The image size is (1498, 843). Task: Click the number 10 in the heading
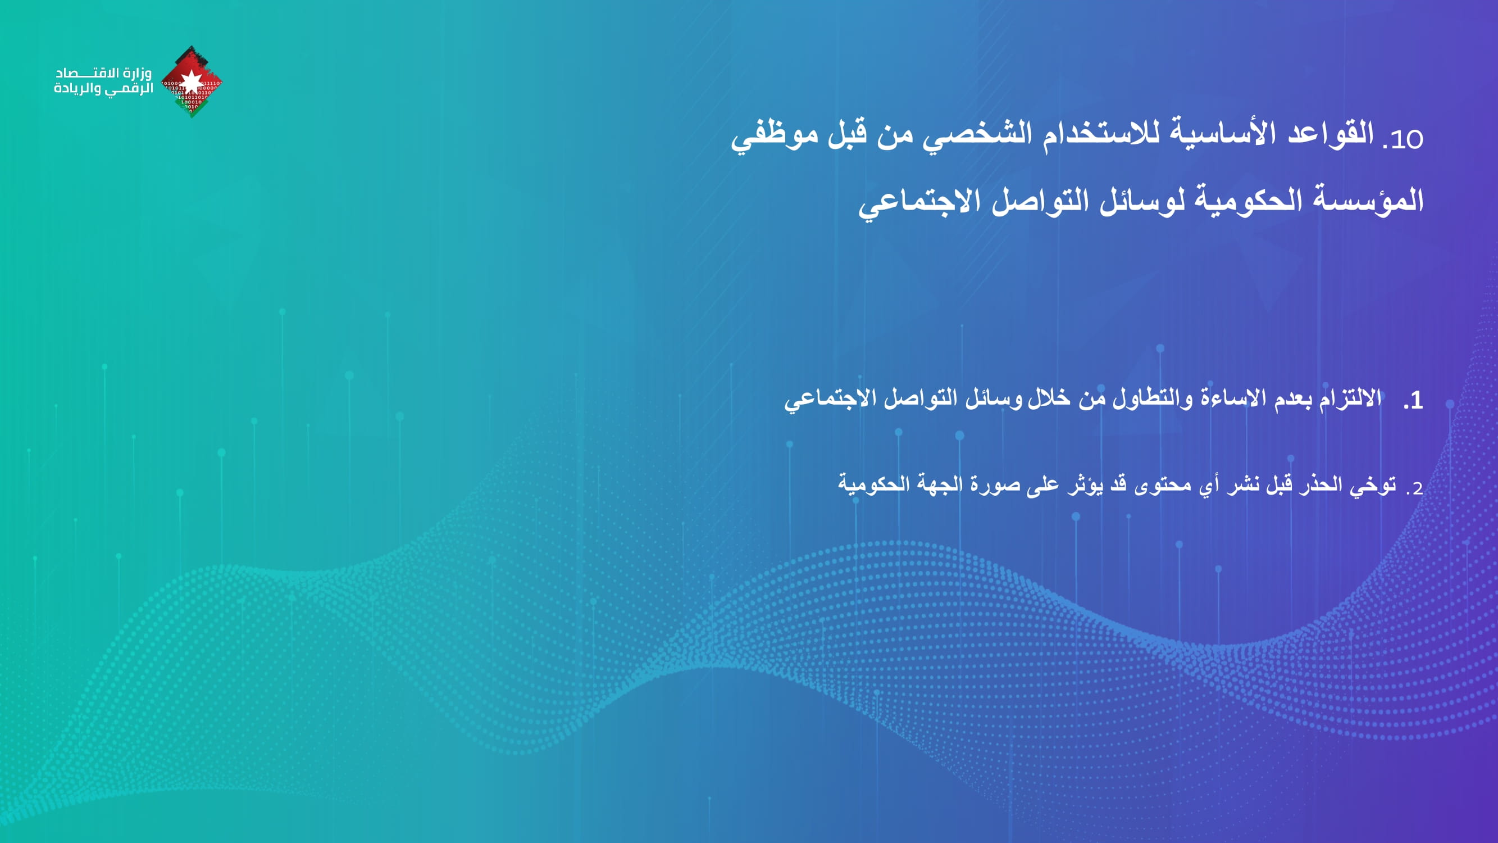coord(1406,139)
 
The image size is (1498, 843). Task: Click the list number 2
coord(1415,487)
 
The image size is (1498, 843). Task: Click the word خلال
coord(1049,398)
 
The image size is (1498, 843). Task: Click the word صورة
coord(994,485)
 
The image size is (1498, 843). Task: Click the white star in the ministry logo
coord(191,81)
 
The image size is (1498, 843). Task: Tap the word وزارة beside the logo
coord(137,73)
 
